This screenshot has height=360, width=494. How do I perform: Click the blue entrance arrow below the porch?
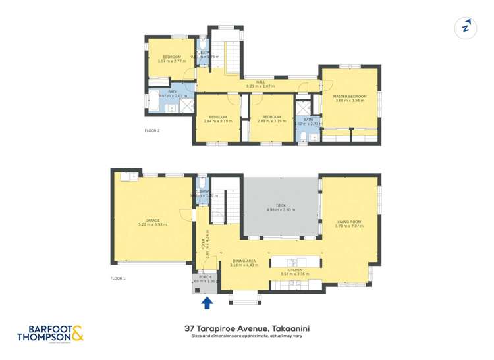click(x=207, y=302)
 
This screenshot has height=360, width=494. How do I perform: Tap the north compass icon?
click(x=466, y=28)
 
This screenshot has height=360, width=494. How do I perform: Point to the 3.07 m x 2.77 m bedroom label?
click(x=172, y=59)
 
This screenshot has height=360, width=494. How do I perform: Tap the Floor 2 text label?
click(x=152, y=130)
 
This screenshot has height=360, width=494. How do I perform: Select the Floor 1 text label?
click(x=118, y=278)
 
